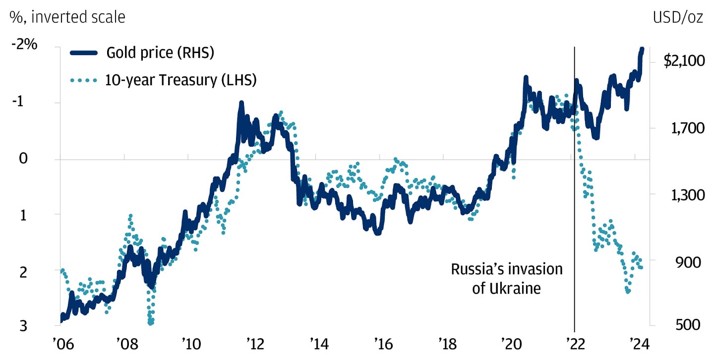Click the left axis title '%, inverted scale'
(67, 17)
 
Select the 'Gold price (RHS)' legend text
(160, 53)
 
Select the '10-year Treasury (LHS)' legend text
(180, 80)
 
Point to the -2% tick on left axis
(25, 44)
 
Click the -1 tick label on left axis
(18, 103)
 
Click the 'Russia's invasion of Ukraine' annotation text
(506, 278)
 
